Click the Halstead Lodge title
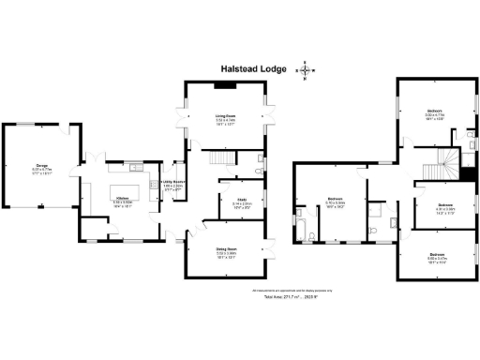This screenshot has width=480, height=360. [x=253, y=68]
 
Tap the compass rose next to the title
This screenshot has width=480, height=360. [x=307, y=69]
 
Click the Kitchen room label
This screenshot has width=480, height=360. [x=122, y=200]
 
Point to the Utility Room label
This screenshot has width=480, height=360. [x=173, y=185]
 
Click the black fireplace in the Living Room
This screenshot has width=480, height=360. [x=225, y=85]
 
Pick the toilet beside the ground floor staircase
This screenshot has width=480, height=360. [x=260, y=172]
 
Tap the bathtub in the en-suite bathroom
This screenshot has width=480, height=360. [x=306, y=222]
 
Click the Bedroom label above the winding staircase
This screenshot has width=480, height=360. [x=435, y=112]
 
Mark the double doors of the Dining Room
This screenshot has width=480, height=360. [x=273, y=249]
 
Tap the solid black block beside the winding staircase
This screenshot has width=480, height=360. [x=466, y=171]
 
